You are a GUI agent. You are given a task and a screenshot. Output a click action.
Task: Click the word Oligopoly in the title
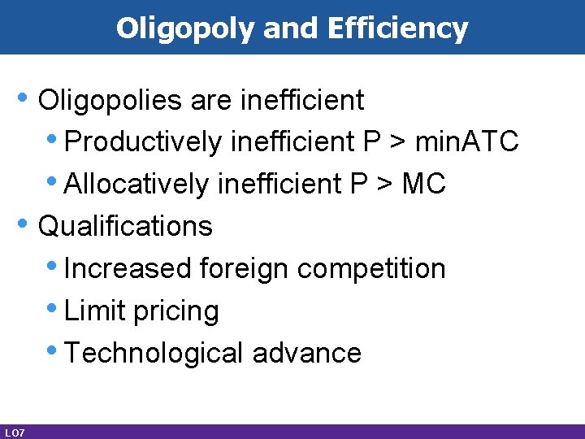(x=187, y=28)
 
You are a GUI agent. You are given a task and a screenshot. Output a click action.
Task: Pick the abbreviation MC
(x=423, y=185)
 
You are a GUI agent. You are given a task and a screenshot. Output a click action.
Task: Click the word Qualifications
(x=125, y=226)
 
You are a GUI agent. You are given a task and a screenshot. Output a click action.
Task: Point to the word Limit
(x=89, y=311)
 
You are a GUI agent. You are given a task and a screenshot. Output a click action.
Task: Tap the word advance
(x=307, y=353)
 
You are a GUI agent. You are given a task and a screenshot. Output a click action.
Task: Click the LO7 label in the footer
(x=14, y=432)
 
